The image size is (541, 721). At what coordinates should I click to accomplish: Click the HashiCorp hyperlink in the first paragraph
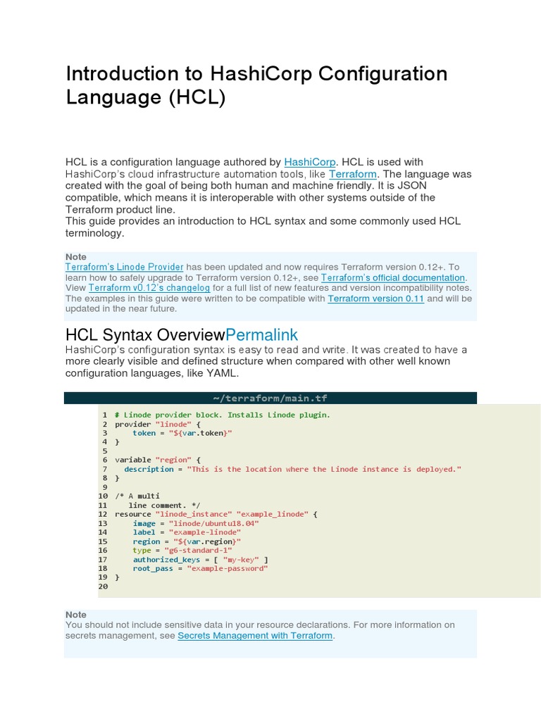coord(311,162)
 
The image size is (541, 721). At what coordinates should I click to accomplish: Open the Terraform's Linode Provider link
coord(124,267)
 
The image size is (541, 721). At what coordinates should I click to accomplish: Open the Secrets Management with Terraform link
coord(255,635)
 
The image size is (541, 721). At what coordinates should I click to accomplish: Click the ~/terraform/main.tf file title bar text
coord(270,398)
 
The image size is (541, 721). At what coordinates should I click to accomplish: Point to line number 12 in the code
coord(103,514)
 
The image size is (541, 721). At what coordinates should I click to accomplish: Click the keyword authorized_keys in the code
coord(166,559)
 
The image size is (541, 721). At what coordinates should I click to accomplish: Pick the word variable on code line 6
coord(132,460)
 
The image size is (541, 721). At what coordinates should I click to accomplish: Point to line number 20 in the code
coord(103,587)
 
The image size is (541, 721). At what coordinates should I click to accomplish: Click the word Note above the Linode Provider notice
coord(76,257)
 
